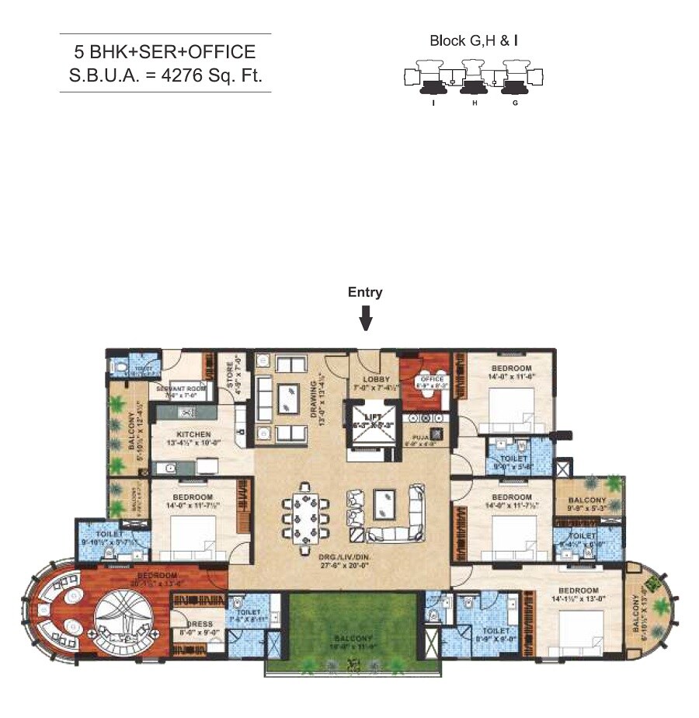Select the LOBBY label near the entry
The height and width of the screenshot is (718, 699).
click(371, 379)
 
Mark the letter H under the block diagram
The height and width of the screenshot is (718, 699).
click(474, 103)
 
